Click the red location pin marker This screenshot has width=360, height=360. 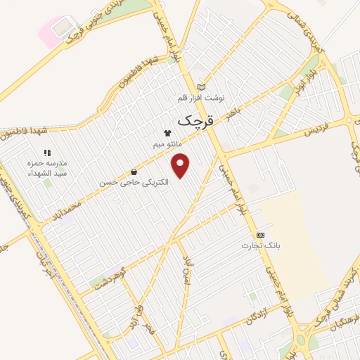(182, 166)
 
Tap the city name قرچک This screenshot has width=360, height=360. (193, 120)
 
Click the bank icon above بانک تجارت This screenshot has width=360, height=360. (261, 234)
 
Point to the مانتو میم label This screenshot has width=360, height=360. (167, 143)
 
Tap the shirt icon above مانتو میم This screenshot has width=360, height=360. (167, 133)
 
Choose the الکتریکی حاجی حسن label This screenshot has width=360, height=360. (135, 183)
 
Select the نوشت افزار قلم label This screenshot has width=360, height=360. (201, 98)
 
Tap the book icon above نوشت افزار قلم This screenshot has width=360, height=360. (202, 87)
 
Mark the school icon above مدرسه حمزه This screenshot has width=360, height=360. (47, 152)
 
